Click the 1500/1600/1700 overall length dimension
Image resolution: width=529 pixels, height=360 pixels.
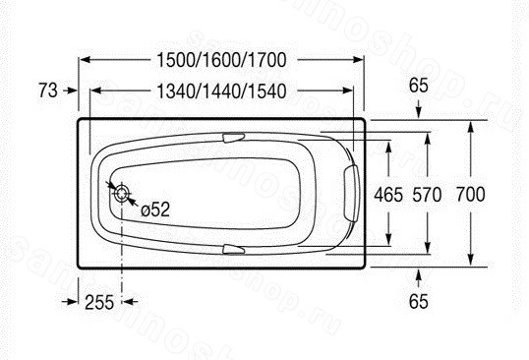(x=221, y=60)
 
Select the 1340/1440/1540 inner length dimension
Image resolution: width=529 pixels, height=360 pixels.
(x=221, y=91)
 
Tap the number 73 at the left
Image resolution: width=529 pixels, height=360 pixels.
(x=48, y=90)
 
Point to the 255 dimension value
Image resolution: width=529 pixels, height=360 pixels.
(x=99, y=302)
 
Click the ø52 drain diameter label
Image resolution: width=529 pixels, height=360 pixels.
(x=155, y=210)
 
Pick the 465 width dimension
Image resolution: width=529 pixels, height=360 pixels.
(x=388, y=195)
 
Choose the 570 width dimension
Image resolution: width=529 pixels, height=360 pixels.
(x=427, y=195)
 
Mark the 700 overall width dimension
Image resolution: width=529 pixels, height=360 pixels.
(x=471, y=195)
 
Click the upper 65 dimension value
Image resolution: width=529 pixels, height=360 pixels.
(x=419, y=86)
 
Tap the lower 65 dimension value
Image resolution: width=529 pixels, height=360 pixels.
(x=419, y=301)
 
